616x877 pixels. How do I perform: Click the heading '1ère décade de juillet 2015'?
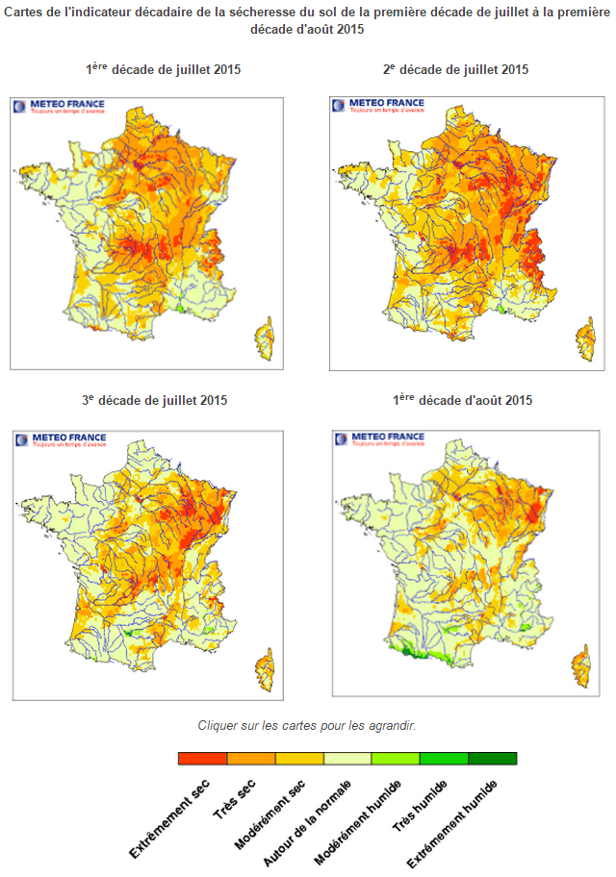tap(163, 70)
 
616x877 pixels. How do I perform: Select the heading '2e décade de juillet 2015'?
tap(455, 70)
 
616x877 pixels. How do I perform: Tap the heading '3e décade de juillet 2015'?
tap(155, 400)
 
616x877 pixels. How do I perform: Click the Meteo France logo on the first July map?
tap(60, 107)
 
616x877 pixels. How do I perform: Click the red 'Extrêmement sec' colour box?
tap(203, 758)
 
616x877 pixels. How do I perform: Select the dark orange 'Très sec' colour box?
tap(251, 758)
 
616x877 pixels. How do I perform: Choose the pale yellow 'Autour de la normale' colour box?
tap(347, 758)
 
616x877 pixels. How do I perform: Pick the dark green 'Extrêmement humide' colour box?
tap(492, 758)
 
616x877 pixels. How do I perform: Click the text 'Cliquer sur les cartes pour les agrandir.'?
tap(307, 725)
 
